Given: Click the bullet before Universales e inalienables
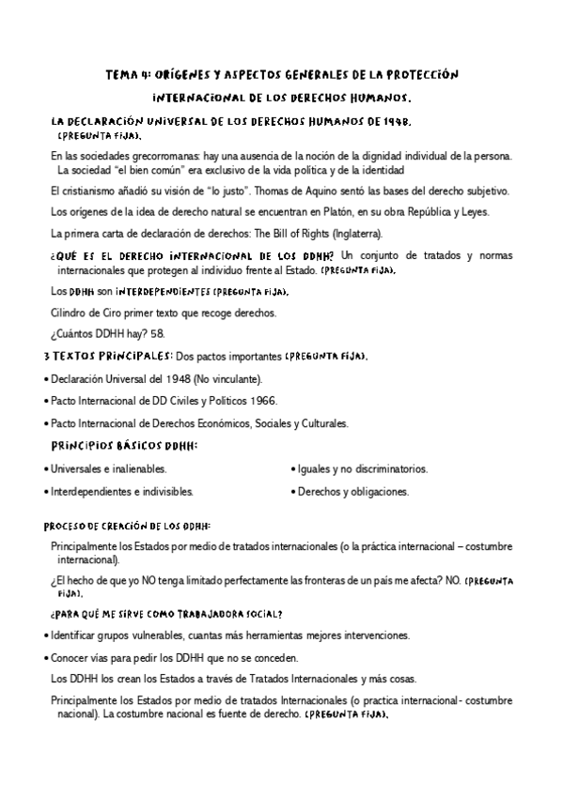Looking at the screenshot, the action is click(46, 468).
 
